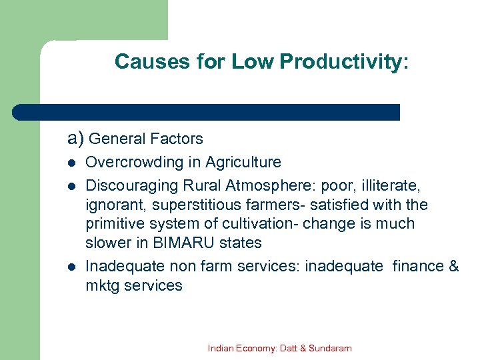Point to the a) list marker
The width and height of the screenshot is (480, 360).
click(x=75, y=139)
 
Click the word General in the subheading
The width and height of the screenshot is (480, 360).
click(x=117, y=139)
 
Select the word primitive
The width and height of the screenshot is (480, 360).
click(x=115, y=224)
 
